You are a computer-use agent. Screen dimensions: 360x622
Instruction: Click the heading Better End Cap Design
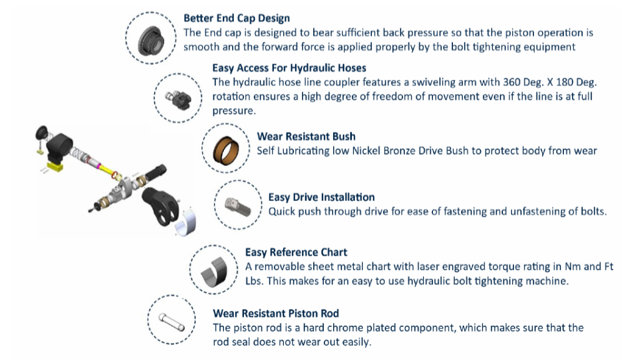(236, 18)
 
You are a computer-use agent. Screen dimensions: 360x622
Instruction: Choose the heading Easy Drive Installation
(321, 197)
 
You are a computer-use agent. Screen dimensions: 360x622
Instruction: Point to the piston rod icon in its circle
(172, 321)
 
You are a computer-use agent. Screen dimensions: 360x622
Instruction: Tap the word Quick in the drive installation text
(283, 212)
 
